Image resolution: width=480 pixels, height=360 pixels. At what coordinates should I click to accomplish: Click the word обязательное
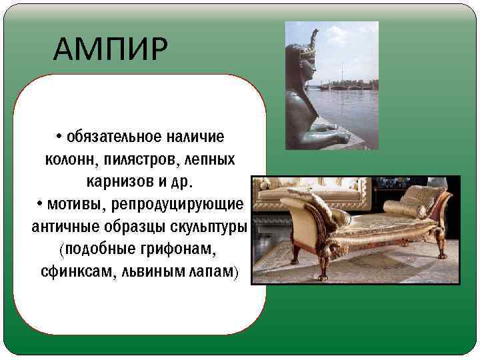point(107,137)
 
